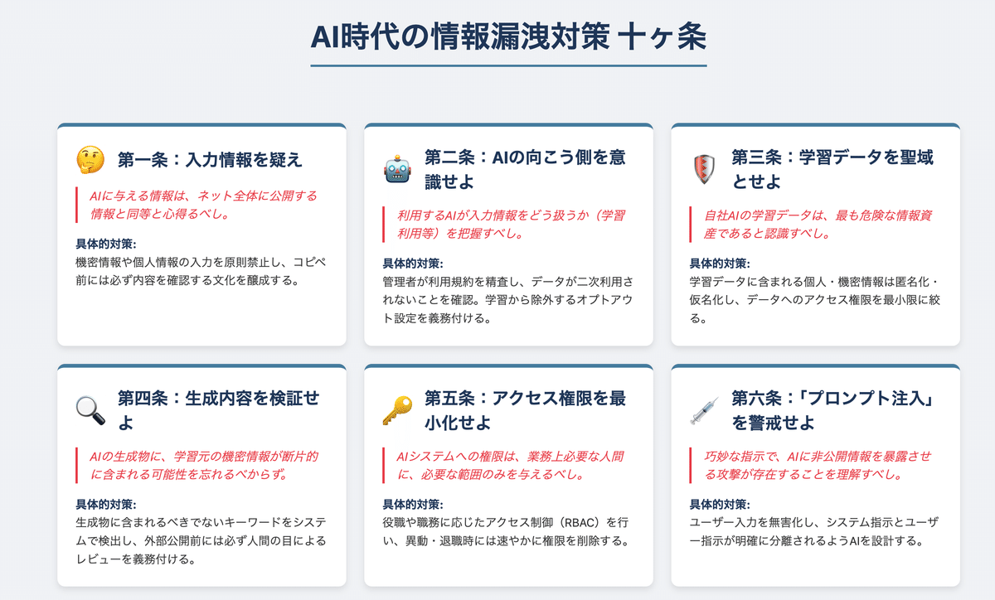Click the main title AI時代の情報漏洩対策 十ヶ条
(x=508, y=37)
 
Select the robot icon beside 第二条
(x=396, y=169)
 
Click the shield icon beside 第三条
(x=702, y=169)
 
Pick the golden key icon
(x=396, y=409)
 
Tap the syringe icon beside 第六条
(x=702, y=409)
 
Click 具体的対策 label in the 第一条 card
(x=105, y=244)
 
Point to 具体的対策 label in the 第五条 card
(x=413, y=504)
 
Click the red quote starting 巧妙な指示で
(x=811, y=466)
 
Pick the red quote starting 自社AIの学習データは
(x=811, y=225)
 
